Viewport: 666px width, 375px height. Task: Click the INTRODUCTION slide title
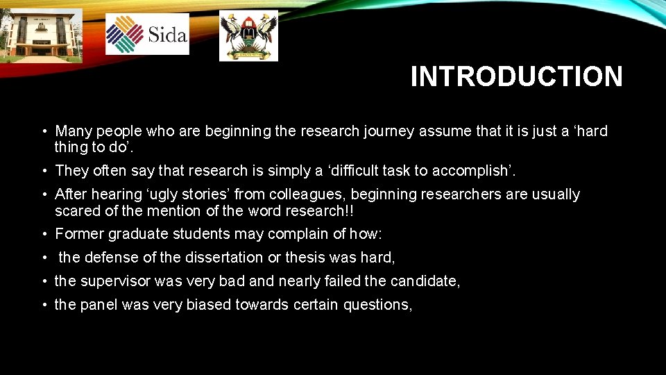tap(516, 76)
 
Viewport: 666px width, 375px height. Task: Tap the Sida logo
tap(147, 34)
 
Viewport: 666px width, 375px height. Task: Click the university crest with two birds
tap(248, 35)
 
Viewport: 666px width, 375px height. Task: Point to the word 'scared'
tap(78, 210)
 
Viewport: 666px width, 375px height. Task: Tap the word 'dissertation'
tap(223, 258)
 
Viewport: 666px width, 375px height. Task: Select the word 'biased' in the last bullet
tap(209, 305)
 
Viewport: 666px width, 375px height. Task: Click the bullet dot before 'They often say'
tap(44, 171)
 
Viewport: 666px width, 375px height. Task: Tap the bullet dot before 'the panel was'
tap(44, 305)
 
